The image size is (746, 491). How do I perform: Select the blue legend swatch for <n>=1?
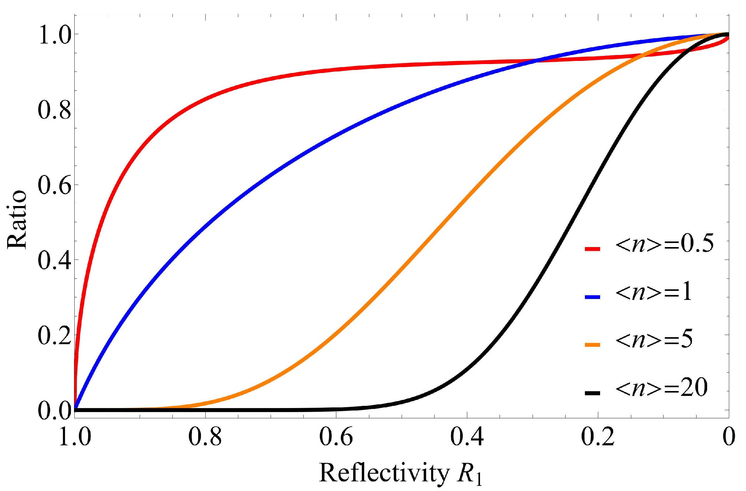coord(592,298)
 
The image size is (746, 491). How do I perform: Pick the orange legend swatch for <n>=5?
coord(592,345)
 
